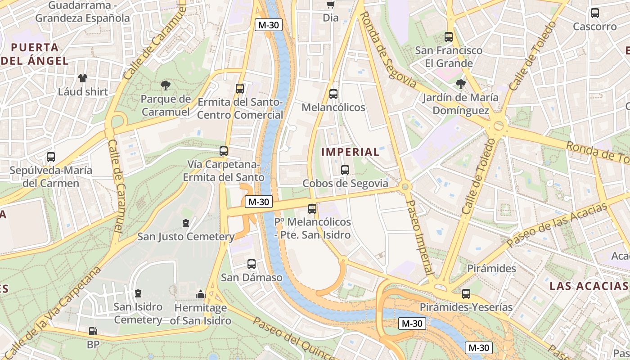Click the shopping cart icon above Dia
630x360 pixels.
pos(331,5)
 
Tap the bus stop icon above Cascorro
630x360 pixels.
pos(594,13)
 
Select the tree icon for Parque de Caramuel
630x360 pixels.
pos(165,85)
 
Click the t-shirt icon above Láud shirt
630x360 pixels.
pos(83,78)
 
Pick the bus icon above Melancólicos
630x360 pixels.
pos(333,94)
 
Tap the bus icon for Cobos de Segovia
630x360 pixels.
pos(345,170)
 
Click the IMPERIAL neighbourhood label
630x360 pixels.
pos(351,152)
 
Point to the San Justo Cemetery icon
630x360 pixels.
pos(185,223)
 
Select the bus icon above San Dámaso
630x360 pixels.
pos(251,264)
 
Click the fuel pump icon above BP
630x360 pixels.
pos(93,332)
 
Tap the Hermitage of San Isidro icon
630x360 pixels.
pos(200,295)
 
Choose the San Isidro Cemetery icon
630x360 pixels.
pos(138,293)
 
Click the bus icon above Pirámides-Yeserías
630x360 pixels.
pos(466,294)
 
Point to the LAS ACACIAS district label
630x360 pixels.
pos(589,286)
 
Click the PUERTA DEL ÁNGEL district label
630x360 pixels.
pos(35,54)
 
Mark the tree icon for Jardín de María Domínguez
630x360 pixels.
pos(460,84)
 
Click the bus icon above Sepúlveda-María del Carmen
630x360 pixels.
pos(51,157)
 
